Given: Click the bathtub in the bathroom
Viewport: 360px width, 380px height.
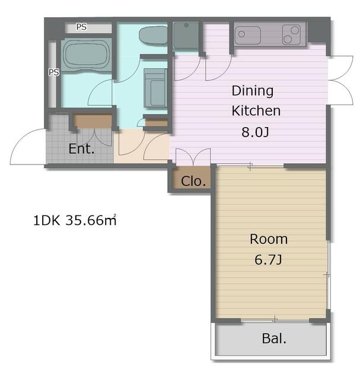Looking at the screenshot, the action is tap(87, 55).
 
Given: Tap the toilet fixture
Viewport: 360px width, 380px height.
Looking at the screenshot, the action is tap(153, 36).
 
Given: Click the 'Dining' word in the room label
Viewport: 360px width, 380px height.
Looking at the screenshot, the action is tap(253, 91).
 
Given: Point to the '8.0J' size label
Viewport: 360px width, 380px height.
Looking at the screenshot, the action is tap(255, 132).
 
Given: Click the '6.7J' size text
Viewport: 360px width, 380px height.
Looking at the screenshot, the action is tap(268, 260).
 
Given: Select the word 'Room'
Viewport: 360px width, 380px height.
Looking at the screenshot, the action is tap(269, 239).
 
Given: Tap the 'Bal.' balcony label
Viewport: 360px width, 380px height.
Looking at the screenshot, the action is tap(274, 338).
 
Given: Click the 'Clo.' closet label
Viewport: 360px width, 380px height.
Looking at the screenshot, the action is tap(193, 181).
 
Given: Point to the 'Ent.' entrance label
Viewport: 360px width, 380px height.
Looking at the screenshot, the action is tap(81, 148).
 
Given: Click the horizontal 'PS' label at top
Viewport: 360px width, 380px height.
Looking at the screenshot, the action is tap(82, 27).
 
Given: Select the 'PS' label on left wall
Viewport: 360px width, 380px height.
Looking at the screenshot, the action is tap(54, 72).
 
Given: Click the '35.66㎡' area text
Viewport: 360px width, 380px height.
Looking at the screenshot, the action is tap(91, 220).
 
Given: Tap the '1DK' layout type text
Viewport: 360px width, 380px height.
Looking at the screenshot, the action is tap(46, 221).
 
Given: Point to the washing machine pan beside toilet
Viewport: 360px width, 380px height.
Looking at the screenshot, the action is tap(186, 36).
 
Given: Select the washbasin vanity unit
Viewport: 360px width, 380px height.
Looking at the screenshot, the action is tap(155, 88).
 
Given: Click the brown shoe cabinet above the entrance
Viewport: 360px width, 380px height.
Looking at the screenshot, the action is tap(93, 121).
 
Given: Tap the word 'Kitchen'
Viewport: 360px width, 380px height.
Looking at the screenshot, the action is tap(256, 111).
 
